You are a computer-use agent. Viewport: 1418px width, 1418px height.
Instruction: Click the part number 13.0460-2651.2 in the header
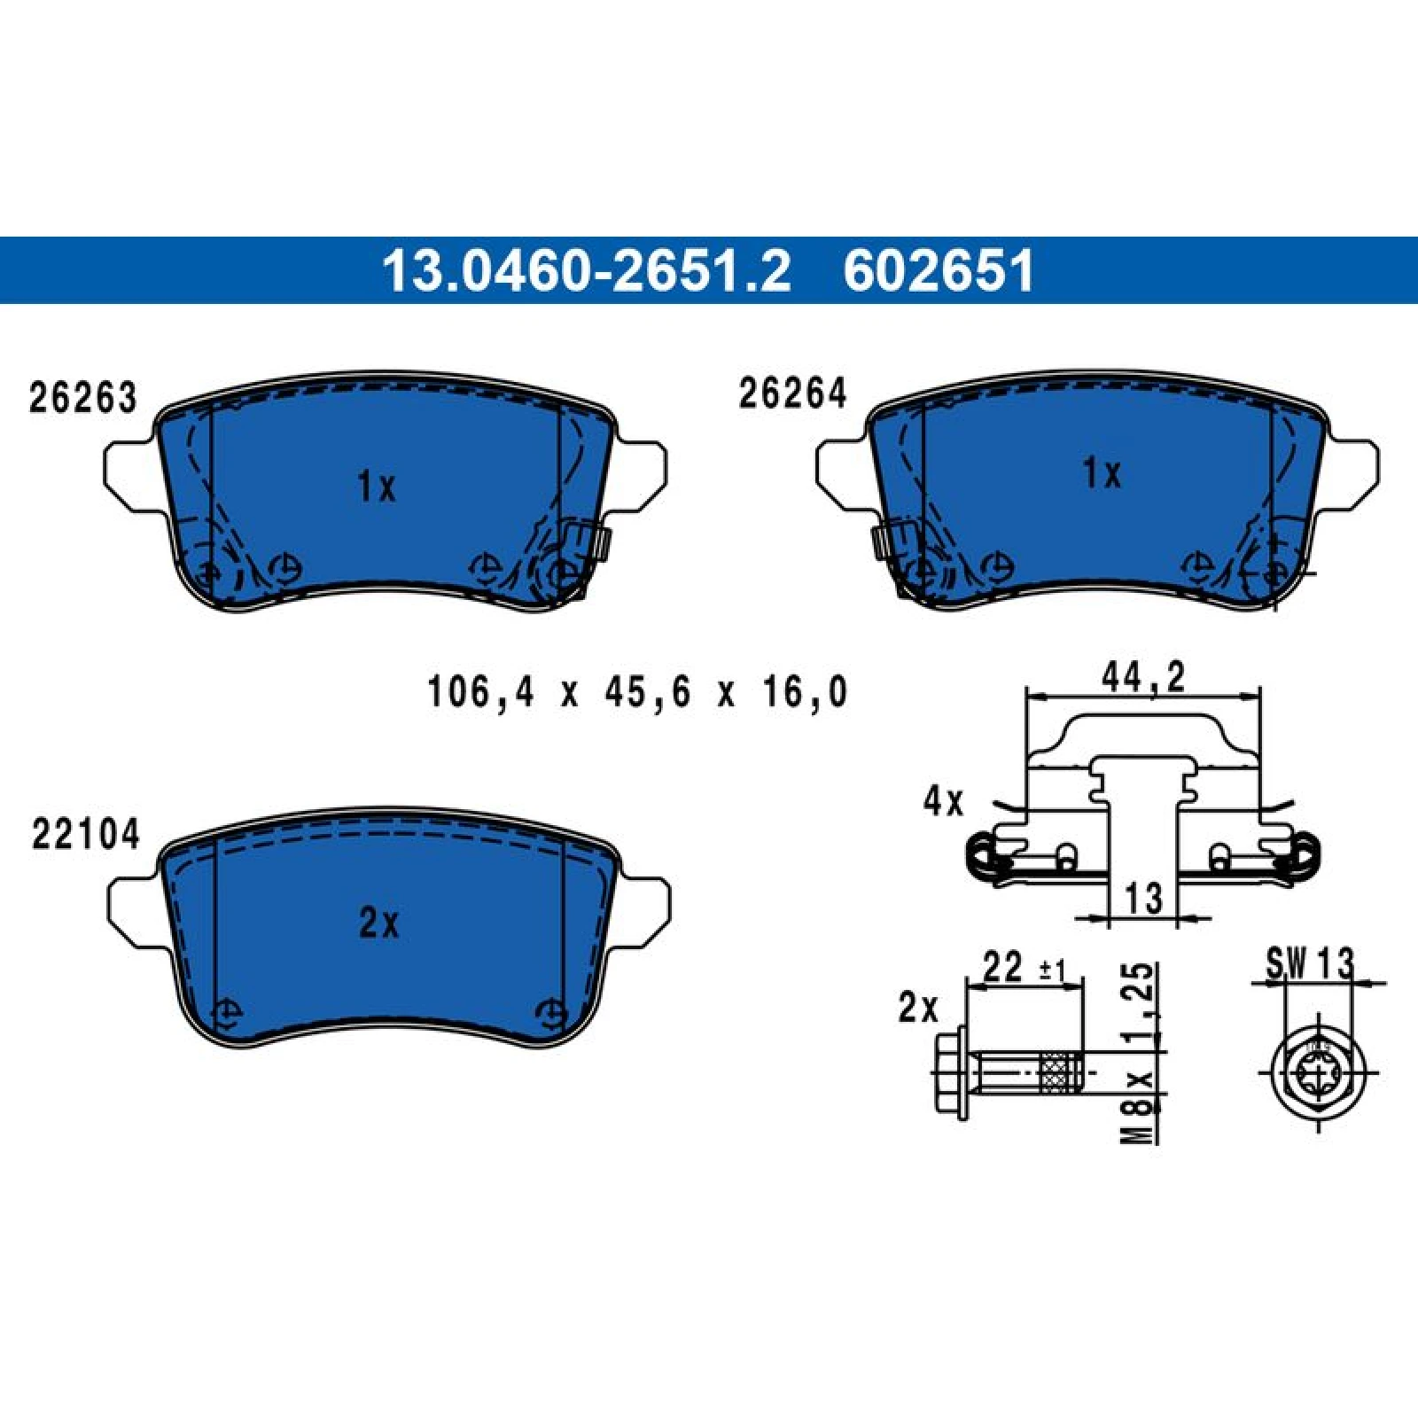[586, 270]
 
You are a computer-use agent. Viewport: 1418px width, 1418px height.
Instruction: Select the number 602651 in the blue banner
[939, 270]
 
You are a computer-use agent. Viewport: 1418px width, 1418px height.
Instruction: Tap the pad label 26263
[83, 398]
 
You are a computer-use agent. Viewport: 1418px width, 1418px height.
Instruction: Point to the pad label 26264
[792, 393]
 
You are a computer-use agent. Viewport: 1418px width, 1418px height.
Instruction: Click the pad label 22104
[86, 834]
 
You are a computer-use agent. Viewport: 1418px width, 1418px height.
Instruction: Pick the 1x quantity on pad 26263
[377, 487]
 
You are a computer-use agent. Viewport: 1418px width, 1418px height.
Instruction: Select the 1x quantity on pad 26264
[1102, 473]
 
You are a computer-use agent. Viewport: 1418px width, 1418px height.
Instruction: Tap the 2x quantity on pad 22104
[378, 923]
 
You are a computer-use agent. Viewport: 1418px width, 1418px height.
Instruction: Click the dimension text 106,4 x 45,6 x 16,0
[637, 692]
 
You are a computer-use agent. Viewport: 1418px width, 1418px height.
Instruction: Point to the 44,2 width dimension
[1143, 678]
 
